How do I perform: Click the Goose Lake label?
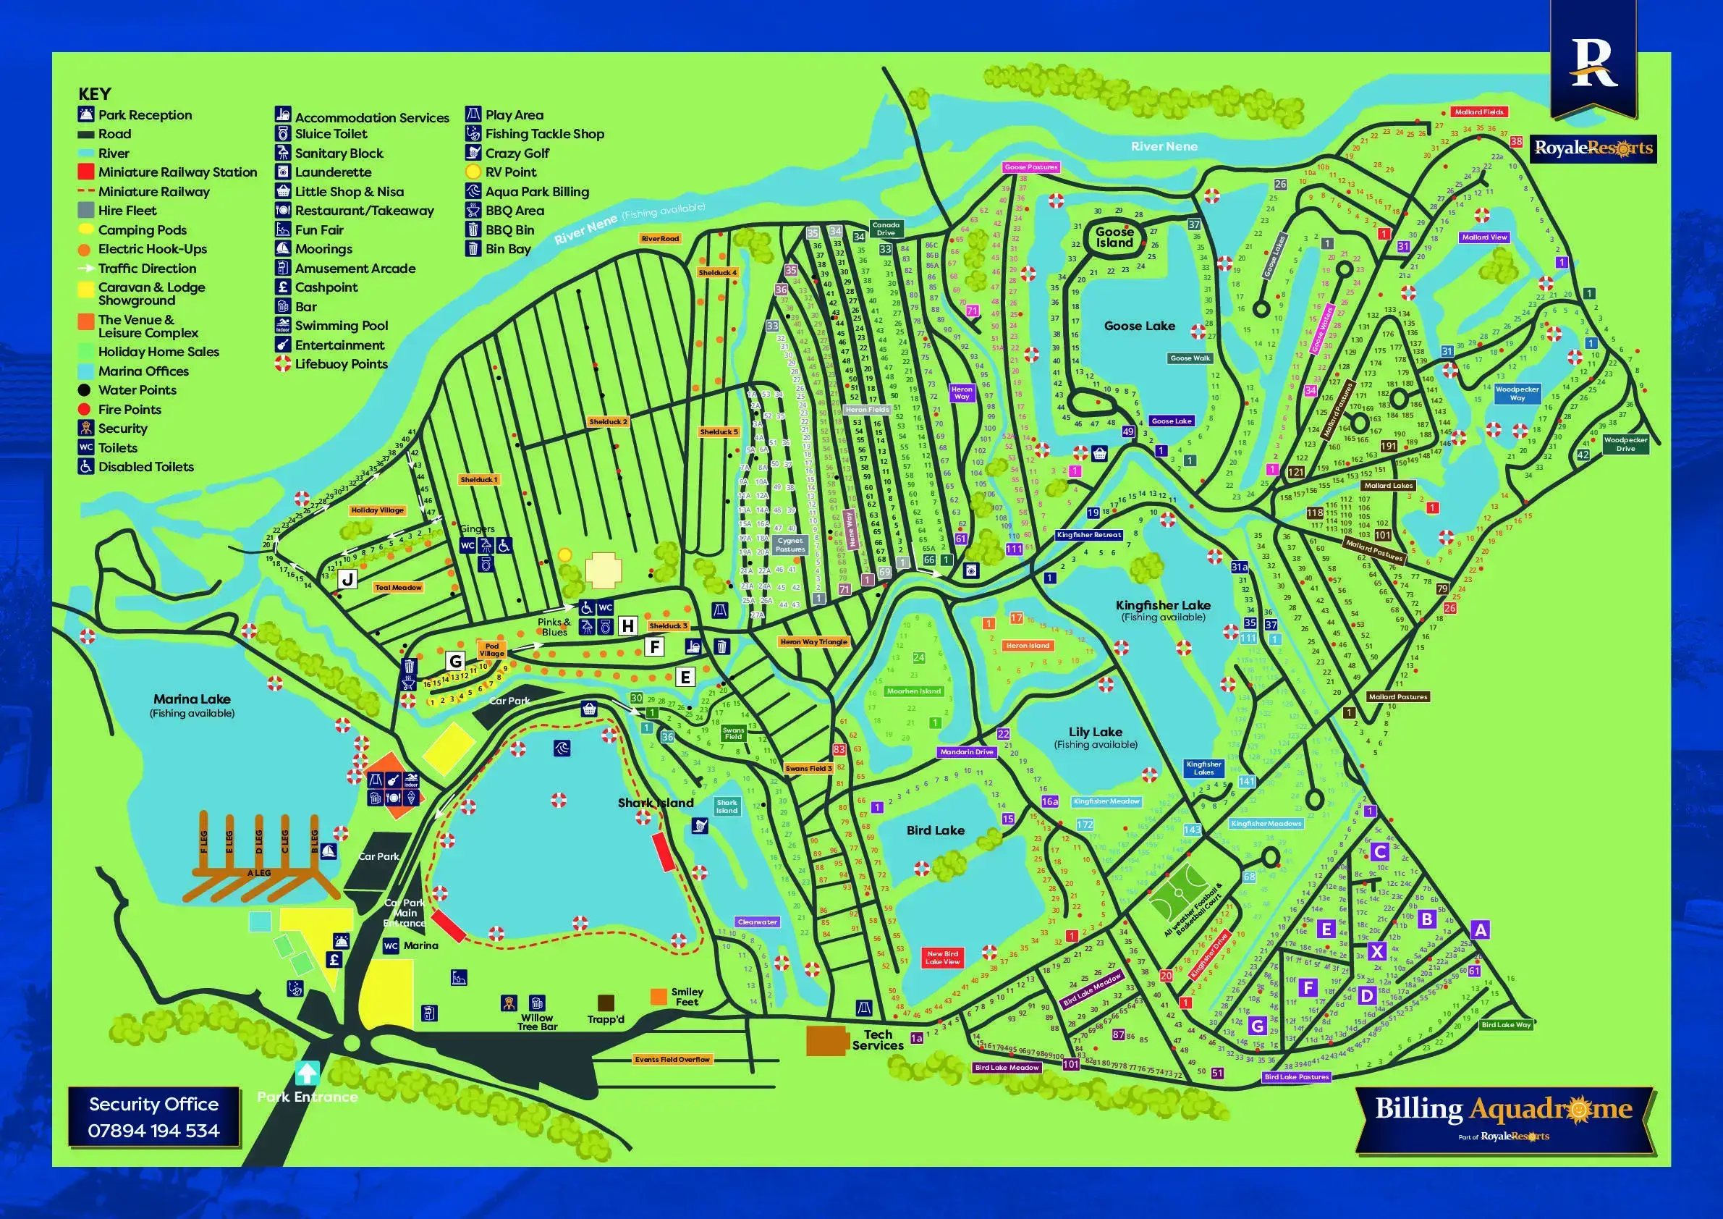coord(1139,326)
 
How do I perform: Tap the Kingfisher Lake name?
coord(1162,605)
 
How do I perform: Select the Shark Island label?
coord(655,802)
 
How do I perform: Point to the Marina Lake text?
coord(192,699)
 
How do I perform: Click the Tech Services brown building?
coord(827,1040)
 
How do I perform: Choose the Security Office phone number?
coord(154,1131)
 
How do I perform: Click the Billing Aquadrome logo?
coord(1503,1110)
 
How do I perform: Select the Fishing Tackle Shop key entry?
coord(544,135)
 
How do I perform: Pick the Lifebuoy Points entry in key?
coord(341,364)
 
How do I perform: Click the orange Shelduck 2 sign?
coord(608,422)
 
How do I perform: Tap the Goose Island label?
coord(1114,237)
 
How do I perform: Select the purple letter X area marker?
coord(1376,952)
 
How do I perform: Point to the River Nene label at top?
coord(1164,146)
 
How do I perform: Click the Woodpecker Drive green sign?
coord(1625,444)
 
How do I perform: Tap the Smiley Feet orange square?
coord(659,996)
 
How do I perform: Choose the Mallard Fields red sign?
coord(1478,112)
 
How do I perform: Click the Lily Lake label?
coord(1095,732)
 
